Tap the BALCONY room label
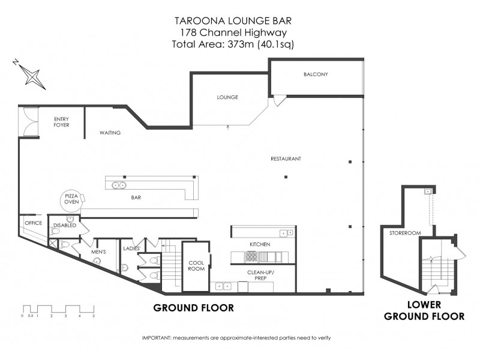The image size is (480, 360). pos(315,74)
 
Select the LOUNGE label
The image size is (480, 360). pos(228,97)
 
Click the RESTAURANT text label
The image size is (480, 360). pos(285,158)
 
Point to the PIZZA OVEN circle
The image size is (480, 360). pos(73,200)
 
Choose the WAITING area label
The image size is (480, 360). pos(110,133)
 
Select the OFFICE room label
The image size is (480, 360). pos(33,223)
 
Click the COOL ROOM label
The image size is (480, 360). pos(197,266)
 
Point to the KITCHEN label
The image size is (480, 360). pos(260,244)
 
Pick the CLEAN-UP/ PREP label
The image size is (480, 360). pos(261,275)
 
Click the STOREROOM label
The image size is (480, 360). pos(403,232)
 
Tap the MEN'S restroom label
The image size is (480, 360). pos(98,252)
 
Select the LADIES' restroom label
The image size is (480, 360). pos(131,248)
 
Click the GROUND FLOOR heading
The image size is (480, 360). pos(193,308)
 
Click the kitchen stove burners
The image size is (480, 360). pos(251,257)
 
